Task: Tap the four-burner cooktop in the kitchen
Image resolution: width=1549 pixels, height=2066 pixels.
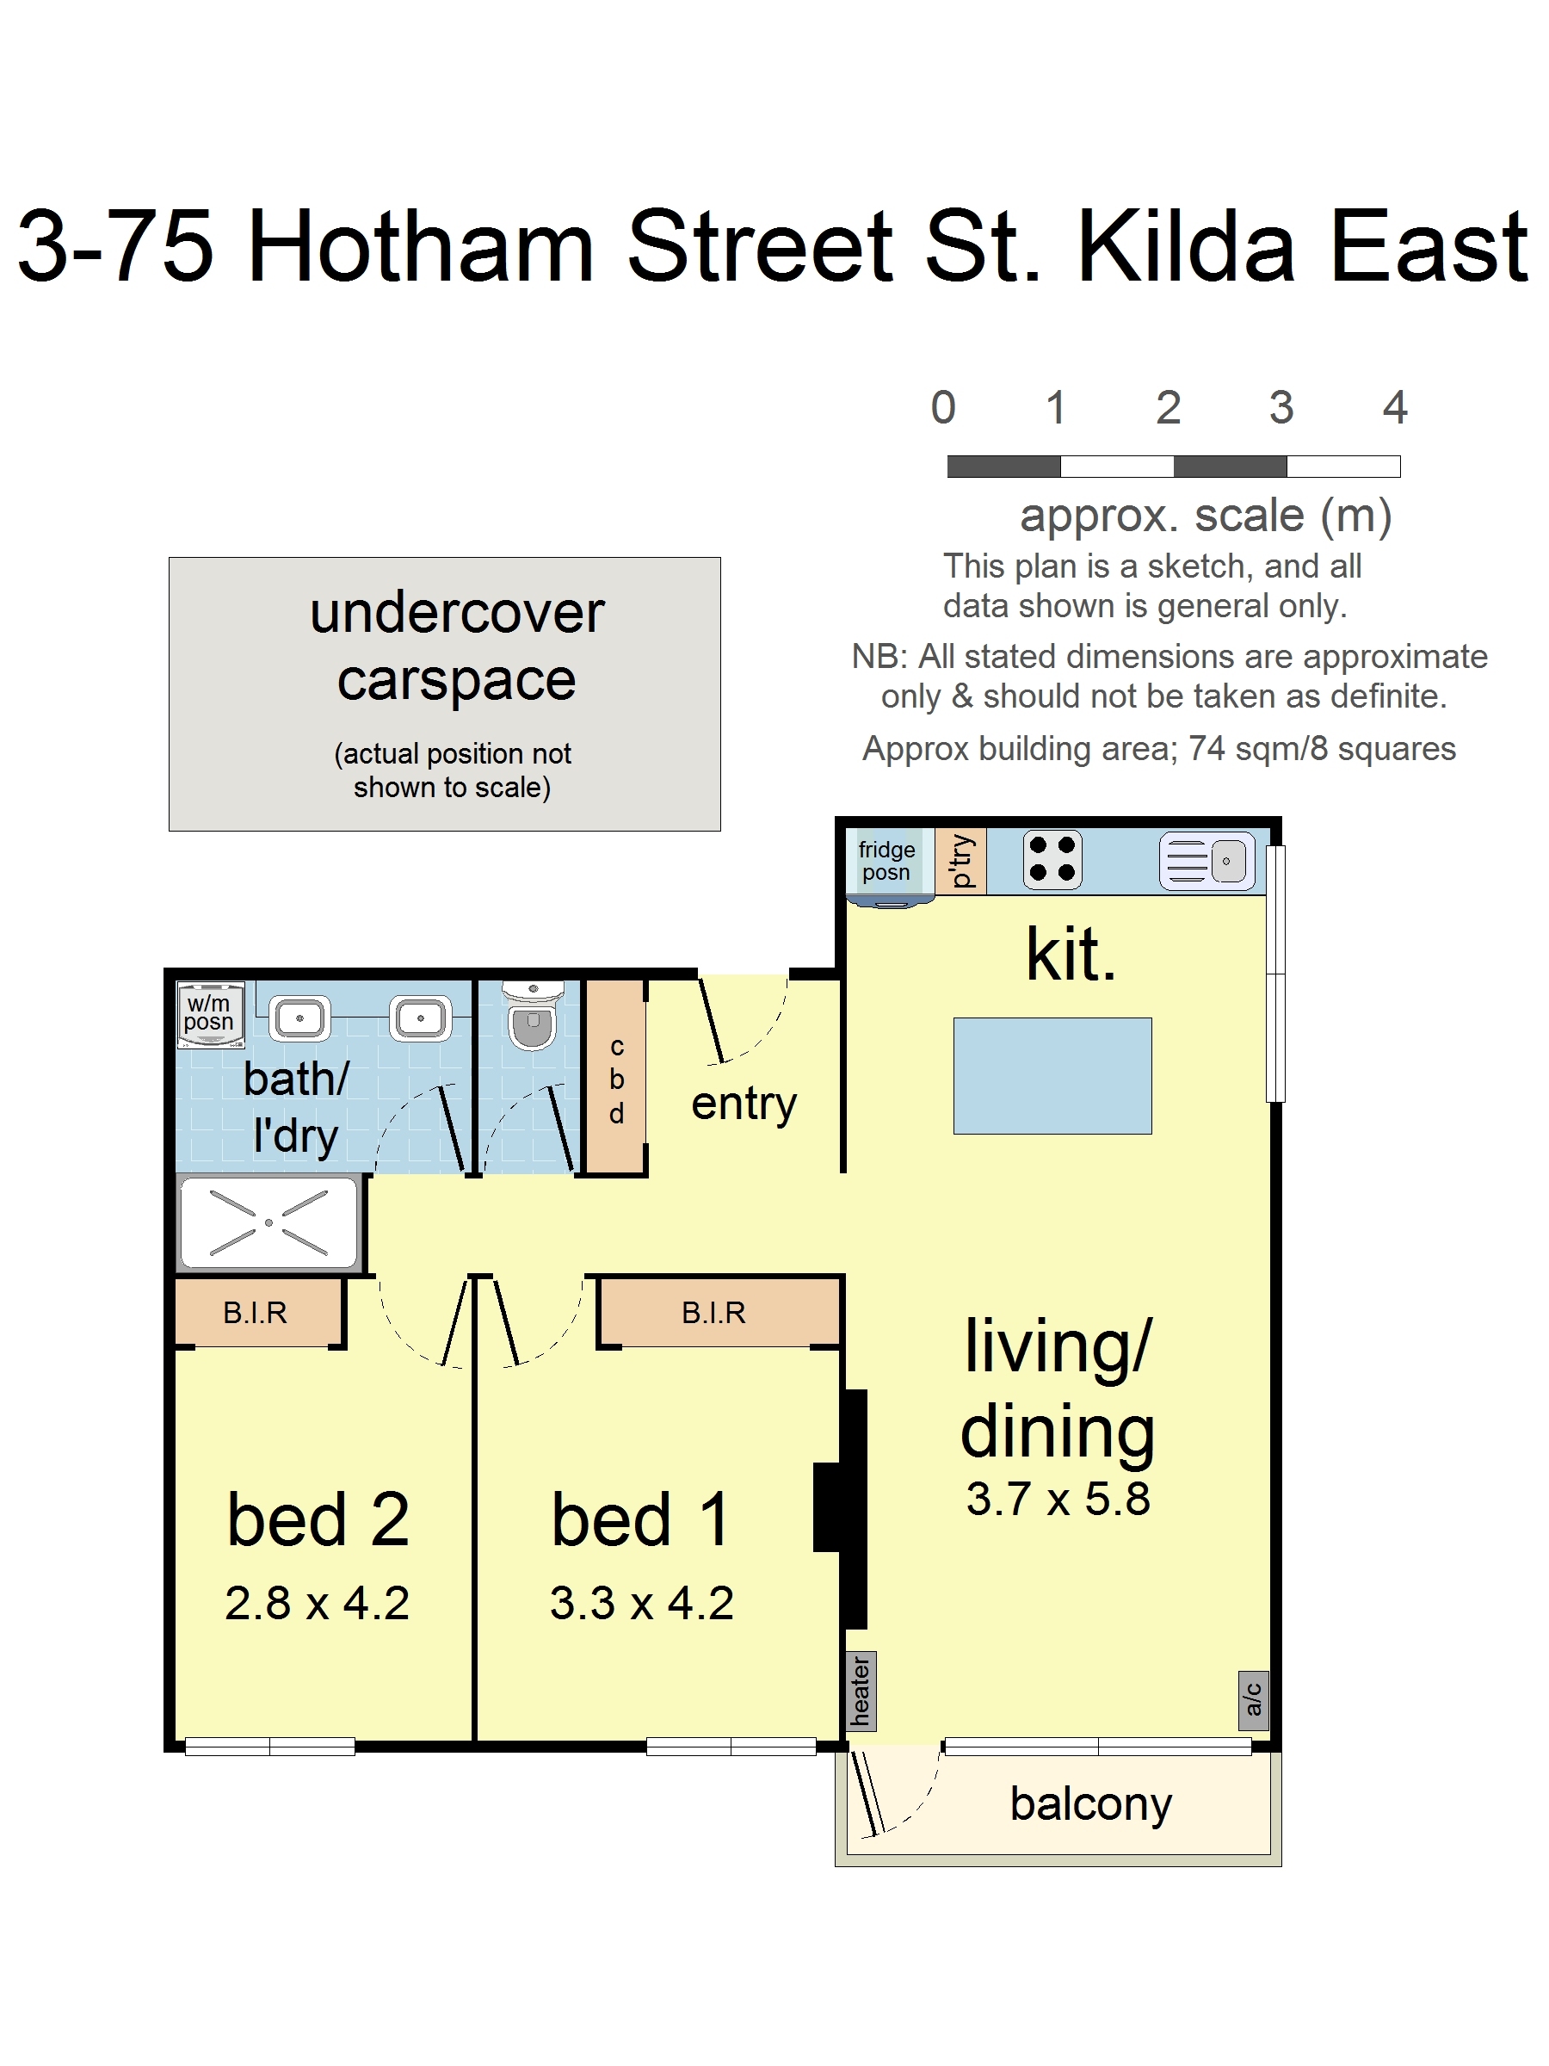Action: coord(1052,859)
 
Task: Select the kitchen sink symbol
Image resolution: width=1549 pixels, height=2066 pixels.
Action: coord(1207,860)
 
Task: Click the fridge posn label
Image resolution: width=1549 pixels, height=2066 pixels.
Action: coord(886,860)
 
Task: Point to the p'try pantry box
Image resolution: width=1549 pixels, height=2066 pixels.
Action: coord(960,860)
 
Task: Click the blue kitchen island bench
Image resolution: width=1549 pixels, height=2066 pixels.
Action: coord(1052,1076)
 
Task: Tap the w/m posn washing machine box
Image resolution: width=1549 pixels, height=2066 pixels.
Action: coord(211,1013)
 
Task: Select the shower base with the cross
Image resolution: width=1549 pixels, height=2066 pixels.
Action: coord(268,1222)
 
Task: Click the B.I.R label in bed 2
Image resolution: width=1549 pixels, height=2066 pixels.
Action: coord(255,1312)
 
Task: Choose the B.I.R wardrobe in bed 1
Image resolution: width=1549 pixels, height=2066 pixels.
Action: coord(719,1312)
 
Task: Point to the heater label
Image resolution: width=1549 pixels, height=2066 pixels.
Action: coord(861,1692)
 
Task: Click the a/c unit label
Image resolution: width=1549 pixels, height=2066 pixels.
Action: coord(1253,1701)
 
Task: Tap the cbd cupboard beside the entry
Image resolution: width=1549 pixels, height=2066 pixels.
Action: coord(615,1076)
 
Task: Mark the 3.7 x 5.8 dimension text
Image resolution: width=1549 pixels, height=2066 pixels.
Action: coord(1058,1498)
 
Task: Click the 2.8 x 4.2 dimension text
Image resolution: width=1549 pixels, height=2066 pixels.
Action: coord(317,1603)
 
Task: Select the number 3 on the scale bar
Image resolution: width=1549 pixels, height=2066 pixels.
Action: coord(1281,407)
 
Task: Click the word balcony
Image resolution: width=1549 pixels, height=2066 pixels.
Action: coord(1090,1804)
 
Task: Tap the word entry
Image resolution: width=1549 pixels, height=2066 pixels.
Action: coord(744,1105)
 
